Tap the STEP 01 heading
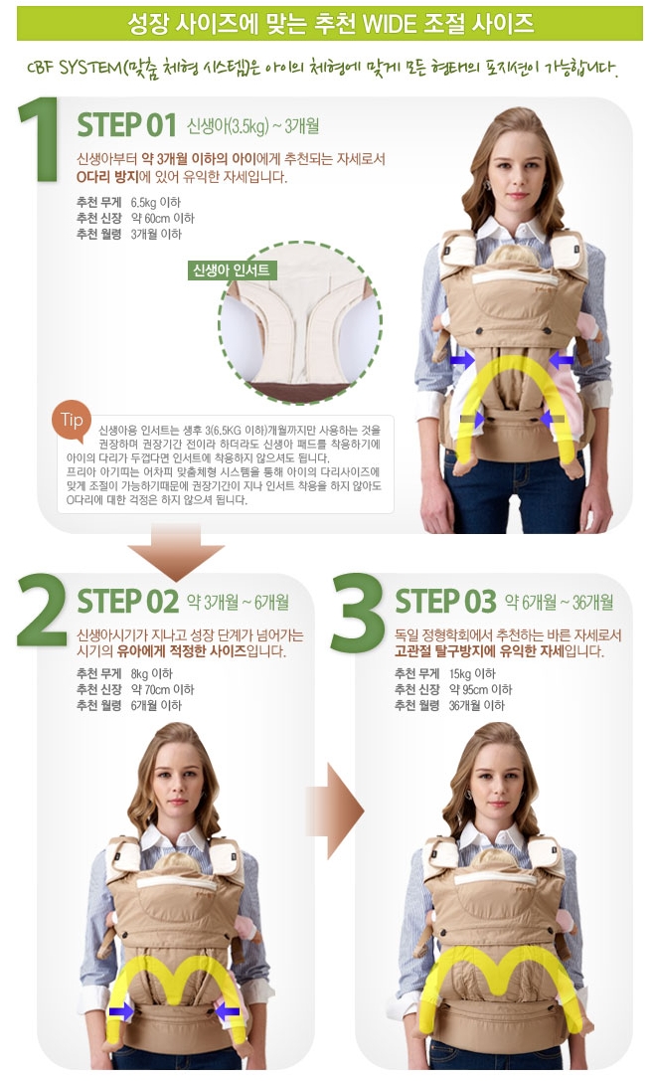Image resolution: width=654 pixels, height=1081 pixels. pos(126,127)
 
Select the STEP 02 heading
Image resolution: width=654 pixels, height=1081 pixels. pos(127,602)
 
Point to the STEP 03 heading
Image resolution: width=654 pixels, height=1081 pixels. pos(445,602)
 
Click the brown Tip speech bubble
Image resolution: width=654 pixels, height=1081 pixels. pos(73,420)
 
